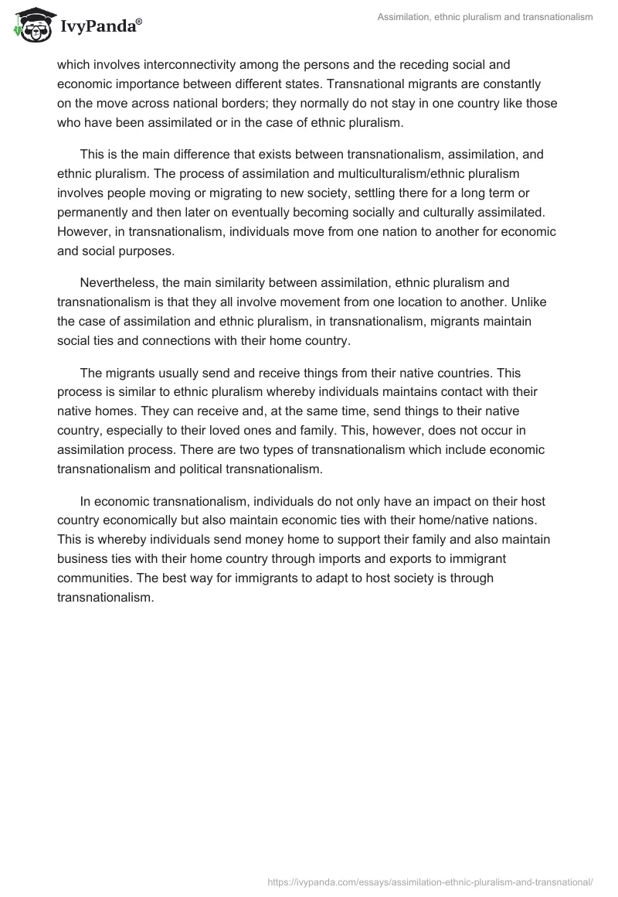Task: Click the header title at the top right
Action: (x=487, y=18)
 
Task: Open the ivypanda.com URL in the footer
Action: (x=430, y=881)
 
